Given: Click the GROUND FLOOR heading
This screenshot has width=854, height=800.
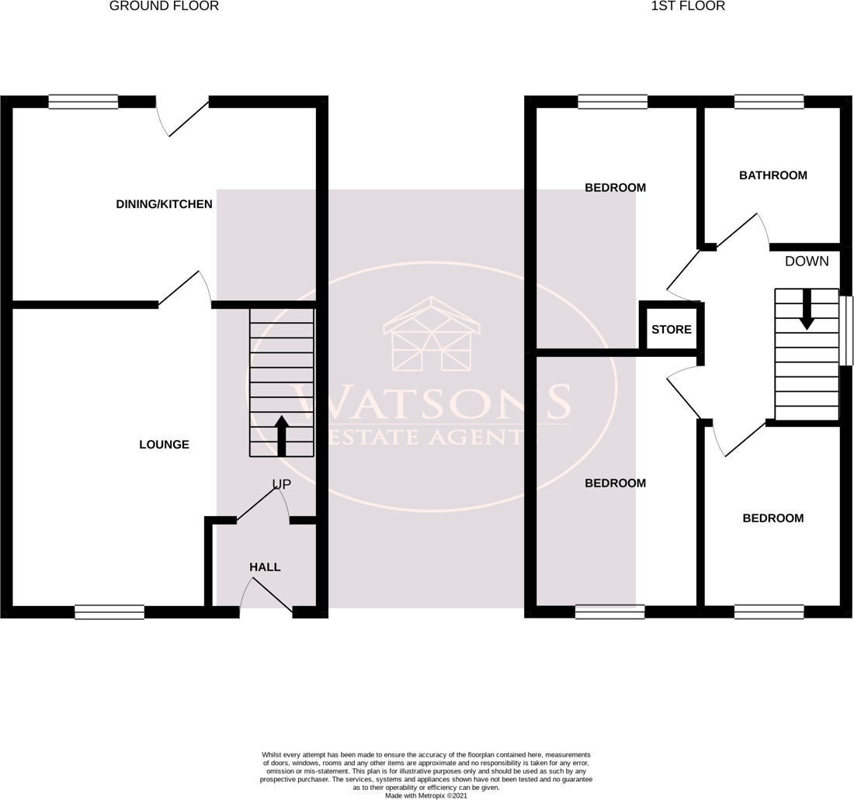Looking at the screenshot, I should tap(164, 6).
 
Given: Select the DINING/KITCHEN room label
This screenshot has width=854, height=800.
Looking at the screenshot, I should tap(164, 204).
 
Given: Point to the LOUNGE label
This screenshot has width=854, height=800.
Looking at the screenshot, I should tap(164, 445).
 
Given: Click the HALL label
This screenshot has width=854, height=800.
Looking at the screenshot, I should tap(265, 567).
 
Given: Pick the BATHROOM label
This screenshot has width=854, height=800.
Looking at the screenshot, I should tap(772, 175).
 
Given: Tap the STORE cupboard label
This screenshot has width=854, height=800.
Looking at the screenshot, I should tap(672, 330).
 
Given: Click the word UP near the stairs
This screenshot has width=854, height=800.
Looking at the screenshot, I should tap(281, 484).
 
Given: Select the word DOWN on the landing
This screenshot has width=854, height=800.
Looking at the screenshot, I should tap(807, 261).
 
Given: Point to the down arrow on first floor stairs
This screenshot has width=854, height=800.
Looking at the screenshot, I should tap(807, 309).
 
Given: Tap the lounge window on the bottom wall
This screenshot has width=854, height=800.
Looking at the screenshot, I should tap(109, 611).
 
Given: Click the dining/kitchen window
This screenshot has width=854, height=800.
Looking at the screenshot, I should tap(83, 102).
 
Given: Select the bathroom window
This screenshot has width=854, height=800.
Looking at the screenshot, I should tap(769, 102).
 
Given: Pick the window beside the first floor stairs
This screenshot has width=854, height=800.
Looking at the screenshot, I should tap(847, 330).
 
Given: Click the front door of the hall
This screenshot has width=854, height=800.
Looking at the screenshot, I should tap(266, 597).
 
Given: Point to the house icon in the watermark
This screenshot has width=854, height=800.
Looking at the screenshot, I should tap(432, 334).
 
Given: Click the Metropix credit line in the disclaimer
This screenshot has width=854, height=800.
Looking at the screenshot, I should tap(426, 795).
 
